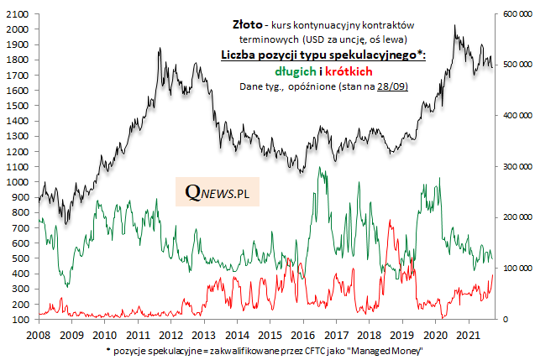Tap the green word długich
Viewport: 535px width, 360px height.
[299, 70]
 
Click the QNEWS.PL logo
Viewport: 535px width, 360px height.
[223, 195]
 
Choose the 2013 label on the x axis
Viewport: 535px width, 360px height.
[204, 334]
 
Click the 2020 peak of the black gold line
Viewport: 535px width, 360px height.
[454, 26]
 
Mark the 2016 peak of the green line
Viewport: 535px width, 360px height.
[320, 168]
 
